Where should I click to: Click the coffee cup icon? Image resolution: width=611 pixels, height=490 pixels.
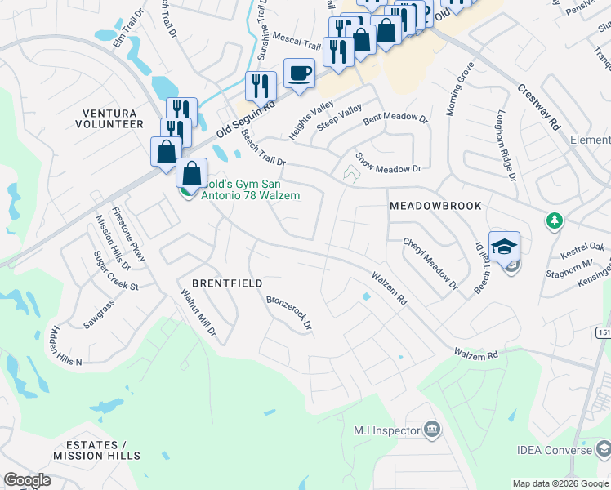pos(299,73)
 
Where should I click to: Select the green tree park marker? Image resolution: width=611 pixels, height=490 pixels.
pos(555,220)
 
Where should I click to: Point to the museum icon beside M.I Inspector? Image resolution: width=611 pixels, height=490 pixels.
pos(432,430)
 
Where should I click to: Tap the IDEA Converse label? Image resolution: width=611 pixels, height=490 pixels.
pos(554,450)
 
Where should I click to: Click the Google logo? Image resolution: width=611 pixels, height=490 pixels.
pos(27,480)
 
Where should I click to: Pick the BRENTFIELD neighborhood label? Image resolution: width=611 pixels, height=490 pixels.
pos(227,283)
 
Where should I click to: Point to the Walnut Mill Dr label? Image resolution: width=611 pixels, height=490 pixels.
pos(198,311)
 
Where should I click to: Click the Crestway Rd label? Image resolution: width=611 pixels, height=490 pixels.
pos(539,106)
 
